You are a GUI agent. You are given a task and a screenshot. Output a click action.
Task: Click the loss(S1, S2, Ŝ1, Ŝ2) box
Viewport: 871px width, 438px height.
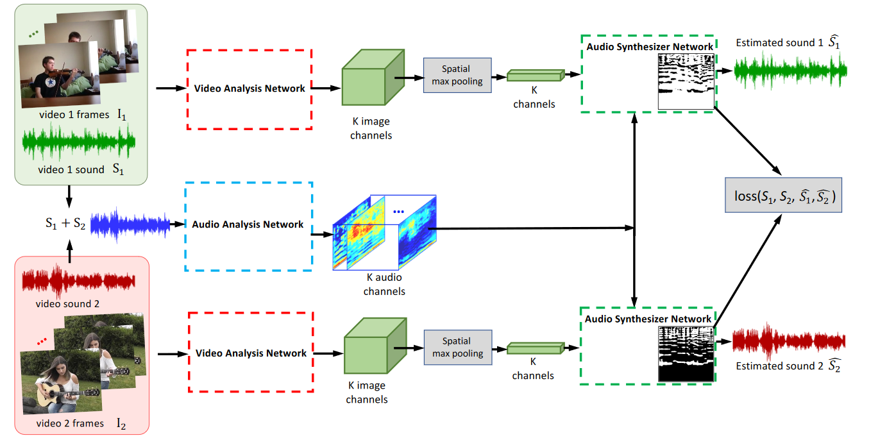pyautogui.click(x=783, y=196)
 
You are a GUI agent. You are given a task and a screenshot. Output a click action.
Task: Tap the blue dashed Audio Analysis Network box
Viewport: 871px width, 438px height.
pyautogui.click(x=248, y=225)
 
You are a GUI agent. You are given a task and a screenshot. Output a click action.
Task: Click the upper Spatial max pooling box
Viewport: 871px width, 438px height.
pyautogui.click(x=457, y=75)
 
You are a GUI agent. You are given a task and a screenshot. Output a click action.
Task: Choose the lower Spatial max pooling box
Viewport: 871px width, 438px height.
pyautogui.click(x=457, y=348)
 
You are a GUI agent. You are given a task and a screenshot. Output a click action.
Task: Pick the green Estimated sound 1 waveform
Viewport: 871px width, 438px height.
pyautogui.click(x=790, y=71)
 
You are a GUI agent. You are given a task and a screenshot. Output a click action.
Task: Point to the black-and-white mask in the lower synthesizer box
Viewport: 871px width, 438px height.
pyautogui.click(x=685, y=354)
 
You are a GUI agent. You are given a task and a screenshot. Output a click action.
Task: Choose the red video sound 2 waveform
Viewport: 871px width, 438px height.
pyautogui.click(x=78, y=280)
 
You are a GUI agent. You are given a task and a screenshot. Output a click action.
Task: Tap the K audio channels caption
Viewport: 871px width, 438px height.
pyautogui.click(x=384, y=284)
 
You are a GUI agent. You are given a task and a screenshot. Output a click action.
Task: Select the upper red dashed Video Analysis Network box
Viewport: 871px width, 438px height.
pyautogui.click(x=249, y=88)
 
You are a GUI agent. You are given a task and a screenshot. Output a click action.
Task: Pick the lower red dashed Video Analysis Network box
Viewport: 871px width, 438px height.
pyautogui.click(x=250, y=353)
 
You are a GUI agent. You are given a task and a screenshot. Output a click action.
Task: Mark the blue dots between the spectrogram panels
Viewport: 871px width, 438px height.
pyautogui.click(x=399, y=212)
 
